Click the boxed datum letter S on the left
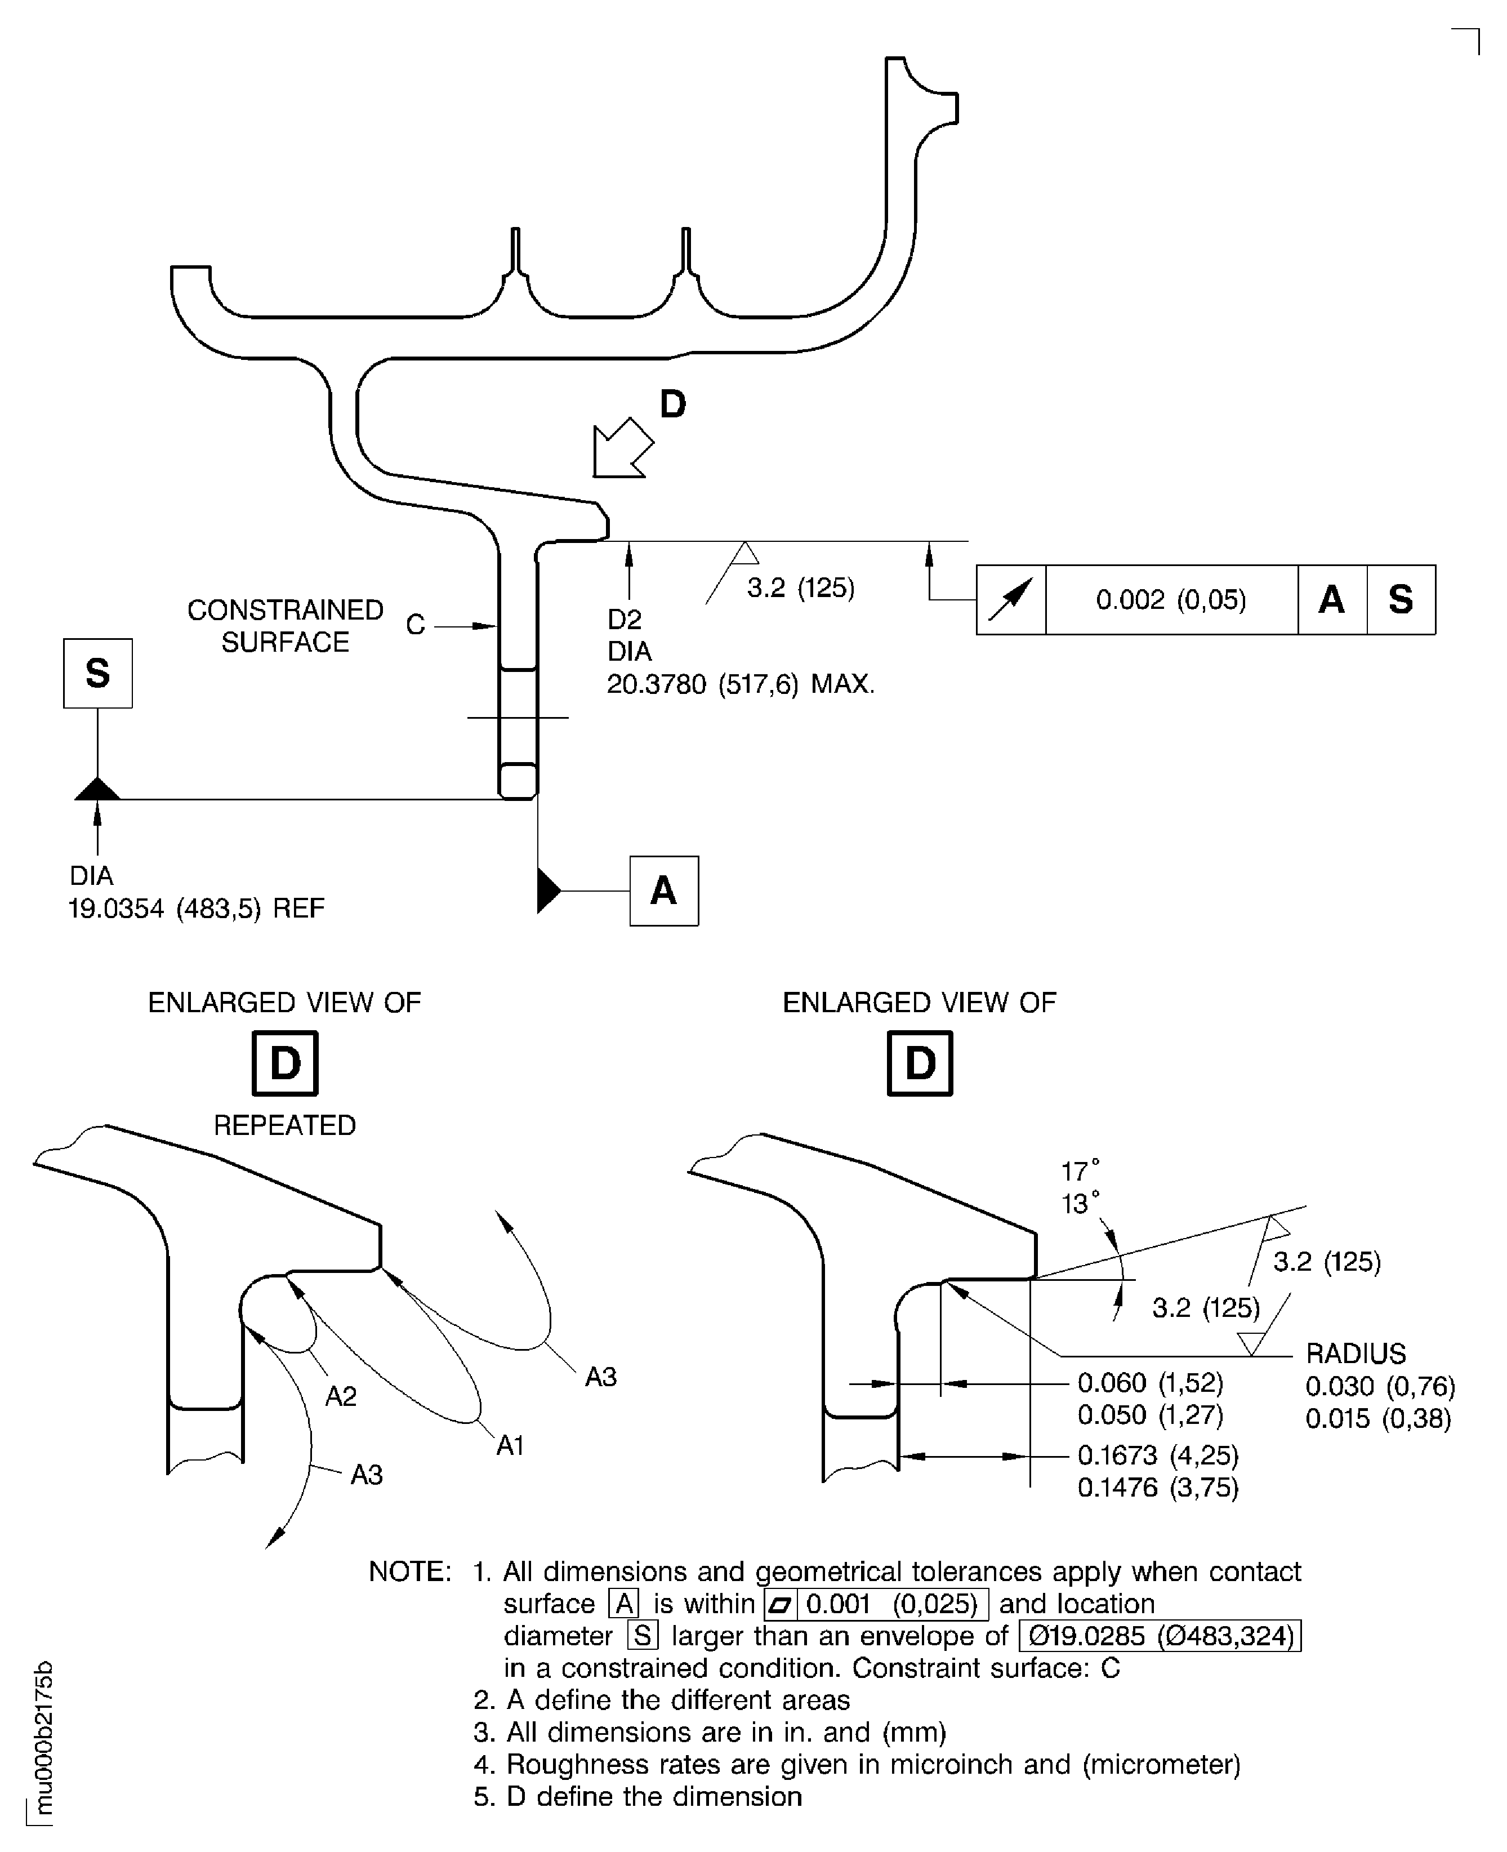[98, 673]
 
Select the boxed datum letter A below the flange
[663, 891]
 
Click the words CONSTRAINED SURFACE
[285, 625]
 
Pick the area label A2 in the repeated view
[341, 1396]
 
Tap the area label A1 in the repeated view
[510, 1446]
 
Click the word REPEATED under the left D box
[285, 1125]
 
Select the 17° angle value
[1080, 1171]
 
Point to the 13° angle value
[1080, 1204]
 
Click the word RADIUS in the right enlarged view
[1355, 1354]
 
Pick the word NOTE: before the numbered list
[410, 1571]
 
